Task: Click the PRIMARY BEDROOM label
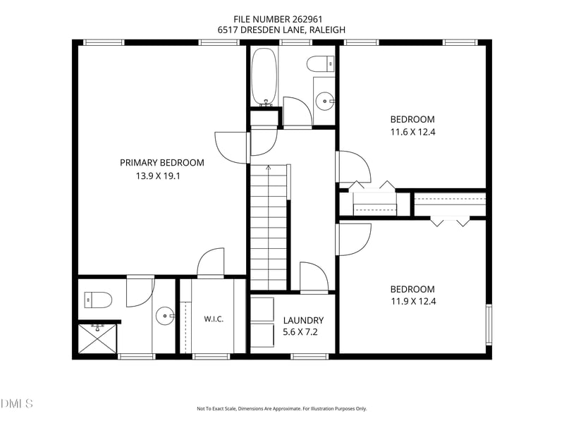[x=162, y=163]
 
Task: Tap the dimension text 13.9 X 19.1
[x=158, y=176]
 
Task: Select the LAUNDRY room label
[x=303, y=321]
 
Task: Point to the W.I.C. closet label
[x=214, y=319]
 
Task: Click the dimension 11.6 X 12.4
[x=413, y=132]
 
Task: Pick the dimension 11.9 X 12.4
[x=413, y=302]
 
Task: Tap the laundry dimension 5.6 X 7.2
[x=300, y=332]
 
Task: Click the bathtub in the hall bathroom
[x=264, y=77]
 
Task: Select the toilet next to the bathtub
[x=321, y=64]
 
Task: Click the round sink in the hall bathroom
[x=325, y=102]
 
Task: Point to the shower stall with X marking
[x=97, y=339]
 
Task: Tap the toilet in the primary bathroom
[x=98, y=300]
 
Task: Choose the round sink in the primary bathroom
[x=165, y=316]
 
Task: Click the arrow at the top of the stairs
[x=269, y=167]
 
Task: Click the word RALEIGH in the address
[x=327, y=30]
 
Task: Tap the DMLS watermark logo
[x=16, y=403]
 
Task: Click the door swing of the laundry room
[x=314, y=276]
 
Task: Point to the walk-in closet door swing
[x=210, y=262]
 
